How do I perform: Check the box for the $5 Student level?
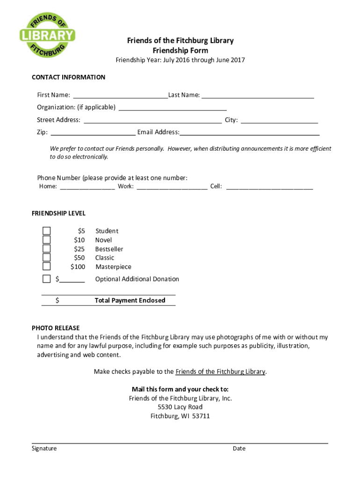(x=46, y=231)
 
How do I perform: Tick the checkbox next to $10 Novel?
(x=46, y=239)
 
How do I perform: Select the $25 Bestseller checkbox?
(x=46, y=248)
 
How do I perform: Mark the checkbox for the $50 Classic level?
(x=46, y=257)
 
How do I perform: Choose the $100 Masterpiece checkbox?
(x=46, y=266)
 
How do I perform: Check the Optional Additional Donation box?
(x=46, y=279)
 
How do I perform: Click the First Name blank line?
(x=120, y=96)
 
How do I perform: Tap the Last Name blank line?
(x=258, y=96)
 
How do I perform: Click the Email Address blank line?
(x=250, y=133)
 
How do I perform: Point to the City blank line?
(x=279, y=121)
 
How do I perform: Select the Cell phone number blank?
(x=269, y=187)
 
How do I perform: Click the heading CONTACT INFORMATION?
(x=68, y=77)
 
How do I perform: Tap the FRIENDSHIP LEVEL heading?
(x=58, y=213)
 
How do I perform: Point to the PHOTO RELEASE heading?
(x=56, y=328)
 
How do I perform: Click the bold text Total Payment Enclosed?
(x=130, y=300)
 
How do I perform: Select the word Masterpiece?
(x=113, y=267)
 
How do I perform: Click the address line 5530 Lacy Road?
(x=180, y=407)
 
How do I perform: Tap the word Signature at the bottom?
(x=44, y=449)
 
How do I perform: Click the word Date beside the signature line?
(x=239, y=449)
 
